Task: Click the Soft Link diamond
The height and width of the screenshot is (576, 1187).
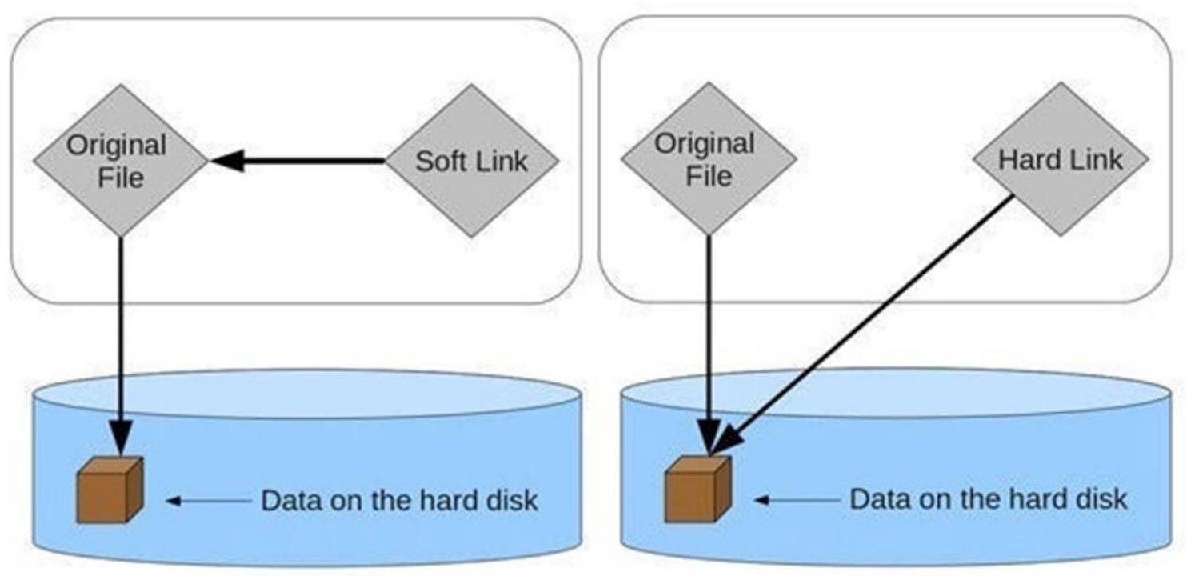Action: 471,161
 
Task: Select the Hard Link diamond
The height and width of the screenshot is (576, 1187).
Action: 1060,159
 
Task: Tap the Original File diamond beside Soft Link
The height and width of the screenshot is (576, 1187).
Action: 120,161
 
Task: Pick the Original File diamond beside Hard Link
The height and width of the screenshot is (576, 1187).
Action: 709,159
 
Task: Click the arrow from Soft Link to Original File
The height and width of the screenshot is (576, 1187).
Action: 304,162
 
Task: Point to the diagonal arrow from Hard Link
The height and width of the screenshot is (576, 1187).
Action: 872,320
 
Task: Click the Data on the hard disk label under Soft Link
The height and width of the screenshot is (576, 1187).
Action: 399,501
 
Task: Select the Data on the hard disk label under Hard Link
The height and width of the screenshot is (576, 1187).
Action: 988,499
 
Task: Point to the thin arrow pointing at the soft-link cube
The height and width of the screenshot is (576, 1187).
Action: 208,502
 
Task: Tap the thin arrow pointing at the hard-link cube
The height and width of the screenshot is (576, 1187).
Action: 797,500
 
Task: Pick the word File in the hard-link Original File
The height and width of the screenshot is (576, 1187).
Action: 709,174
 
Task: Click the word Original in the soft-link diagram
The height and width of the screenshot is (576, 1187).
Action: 117,146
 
